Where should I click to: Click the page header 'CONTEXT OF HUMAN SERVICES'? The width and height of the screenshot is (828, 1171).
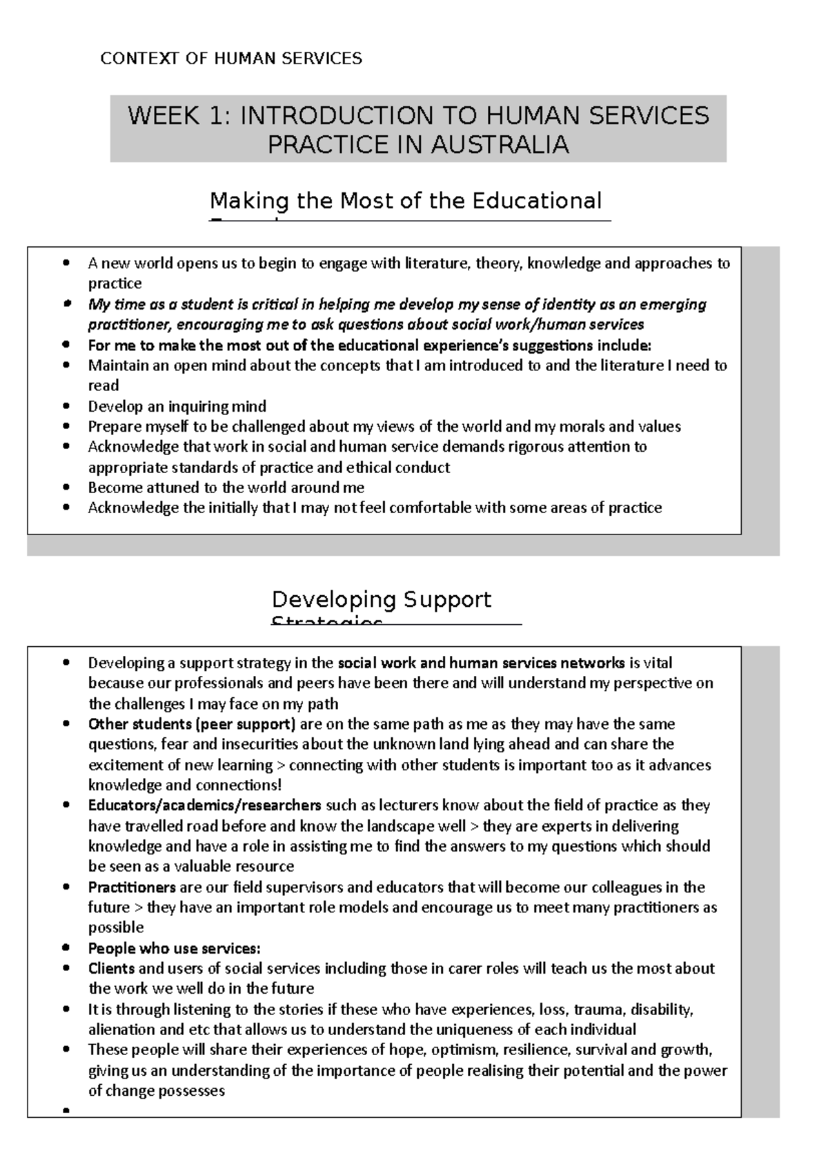(x=231, y=59)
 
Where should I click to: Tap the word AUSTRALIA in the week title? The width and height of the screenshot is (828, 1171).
(x=500, y=145)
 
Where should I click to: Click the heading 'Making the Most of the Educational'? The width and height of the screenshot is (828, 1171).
(x=406, y=201)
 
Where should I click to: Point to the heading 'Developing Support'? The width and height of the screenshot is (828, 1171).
(x=382, y=599)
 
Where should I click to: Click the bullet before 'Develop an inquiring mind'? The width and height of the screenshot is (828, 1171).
(x=66, y=407)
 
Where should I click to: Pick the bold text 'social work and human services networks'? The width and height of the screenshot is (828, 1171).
(x=481, y=663)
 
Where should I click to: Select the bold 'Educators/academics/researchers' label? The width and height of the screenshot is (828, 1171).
(x=204, y=805)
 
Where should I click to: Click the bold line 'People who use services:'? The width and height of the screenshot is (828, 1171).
(x=174, y=948)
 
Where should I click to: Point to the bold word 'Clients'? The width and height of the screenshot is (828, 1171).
(x=111, y=968)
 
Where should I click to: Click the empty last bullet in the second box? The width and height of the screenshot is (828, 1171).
(x=66, y=1111)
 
